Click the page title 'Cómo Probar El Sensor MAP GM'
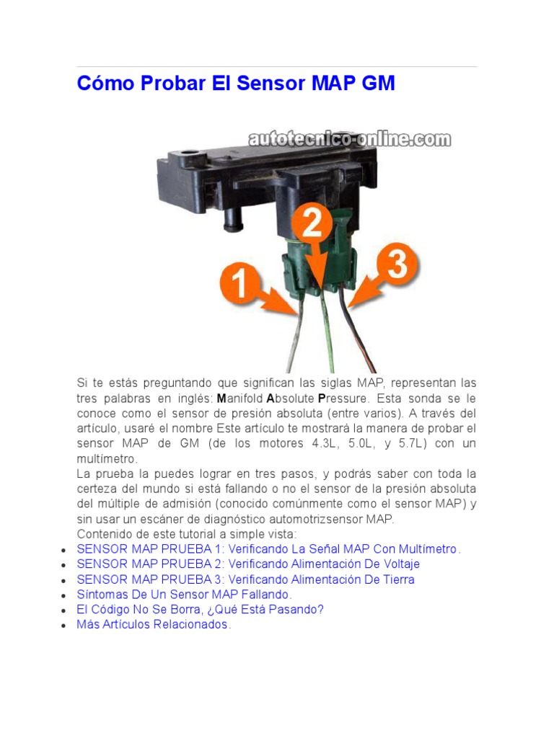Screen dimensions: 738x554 (236, 84)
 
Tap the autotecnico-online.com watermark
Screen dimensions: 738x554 (349, 138)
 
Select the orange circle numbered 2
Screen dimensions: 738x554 (311, 225)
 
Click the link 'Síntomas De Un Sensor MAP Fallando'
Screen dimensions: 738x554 (184, 595)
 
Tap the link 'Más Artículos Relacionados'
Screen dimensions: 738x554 (153, 625)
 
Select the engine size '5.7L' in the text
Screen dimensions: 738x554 (410, 444)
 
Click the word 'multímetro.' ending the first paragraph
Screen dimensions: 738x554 (106, 459)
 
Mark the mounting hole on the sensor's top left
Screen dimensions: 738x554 (189, 154)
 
